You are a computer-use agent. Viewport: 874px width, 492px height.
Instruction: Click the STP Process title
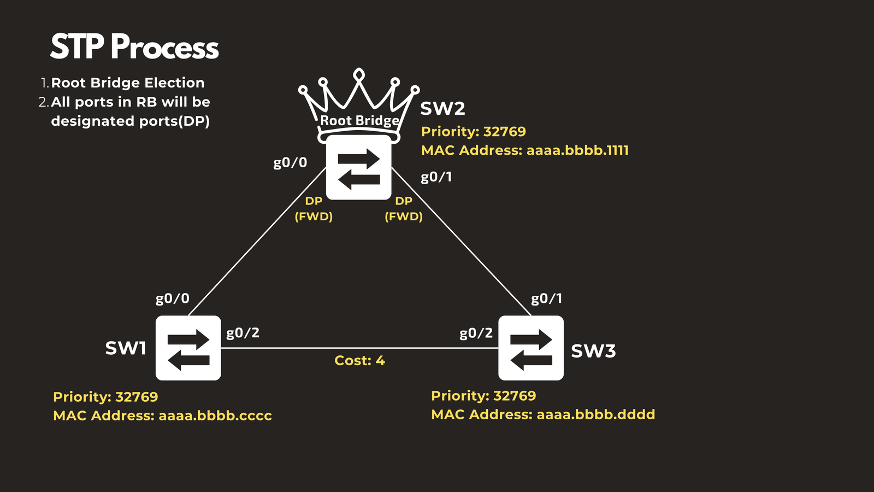tap(134, 47)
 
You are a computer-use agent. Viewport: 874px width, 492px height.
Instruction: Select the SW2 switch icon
tap(358, 167)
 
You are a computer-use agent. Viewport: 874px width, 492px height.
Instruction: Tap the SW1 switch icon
tap(188, 348)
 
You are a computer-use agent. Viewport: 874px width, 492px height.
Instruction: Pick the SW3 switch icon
tap(530, 348)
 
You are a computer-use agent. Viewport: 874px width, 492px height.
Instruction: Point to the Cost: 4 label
tap(359, 361)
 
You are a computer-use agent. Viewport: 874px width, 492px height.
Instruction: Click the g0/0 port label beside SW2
tap(290, 163)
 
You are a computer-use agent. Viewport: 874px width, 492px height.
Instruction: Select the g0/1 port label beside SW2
tap(436, 177)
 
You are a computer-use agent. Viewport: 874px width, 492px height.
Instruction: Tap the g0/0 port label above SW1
tap(173, 298)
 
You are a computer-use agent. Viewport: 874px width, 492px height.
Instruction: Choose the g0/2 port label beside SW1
tap(243, 333)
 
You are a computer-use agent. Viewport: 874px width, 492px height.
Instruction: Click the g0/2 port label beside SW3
tap(476, 333)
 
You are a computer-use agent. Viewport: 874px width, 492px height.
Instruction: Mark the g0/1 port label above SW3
tap(546, 298)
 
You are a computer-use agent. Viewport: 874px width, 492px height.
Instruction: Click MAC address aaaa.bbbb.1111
tap(577, 150)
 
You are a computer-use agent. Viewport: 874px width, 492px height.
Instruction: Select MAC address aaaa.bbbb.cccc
tap(215, 416)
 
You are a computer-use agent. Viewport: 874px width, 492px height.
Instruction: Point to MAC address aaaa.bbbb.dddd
tap(595, 415)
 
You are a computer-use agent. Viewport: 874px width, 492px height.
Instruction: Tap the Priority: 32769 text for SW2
tap(474, 132)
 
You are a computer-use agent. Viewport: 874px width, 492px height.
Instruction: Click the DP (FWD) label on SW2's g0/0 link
tap(314, 209)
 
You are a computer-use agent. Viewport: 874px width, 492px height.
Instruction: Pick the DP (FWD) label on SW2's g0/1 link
tap(404, 209)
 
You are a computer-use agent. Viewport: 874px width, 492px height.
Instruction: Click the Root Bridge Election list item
tap(128, 83)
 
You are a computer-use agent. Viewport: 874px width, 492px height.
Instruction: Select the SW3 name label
tap(593, 351)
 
